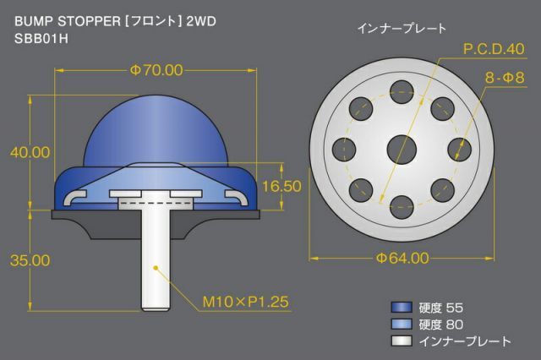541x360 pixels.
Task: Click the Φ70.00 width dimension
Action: coord(156,70)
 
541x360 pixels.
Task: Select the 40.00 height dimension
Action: coord(30,152)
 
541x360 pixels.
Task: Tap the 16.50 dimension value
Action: coord(281,186)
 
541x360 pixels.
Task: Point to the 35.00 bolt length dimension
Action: coord(30,260)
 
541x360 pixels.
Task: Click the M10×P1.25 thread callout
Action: coord(245,302)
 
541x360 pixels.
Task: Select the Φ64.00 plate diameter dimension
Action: coord(402,258)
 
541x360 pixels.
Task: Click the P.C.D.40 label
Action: coord(494,49)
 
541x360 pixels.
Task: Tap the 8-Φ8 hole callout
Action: coord(505,78)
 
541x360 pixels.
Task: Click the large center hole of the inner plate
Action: coord(402,150)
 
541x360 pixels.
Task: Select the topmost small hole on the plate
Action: coord(402,92)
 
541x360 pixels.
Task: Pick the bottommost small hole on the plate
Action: coord(402,207)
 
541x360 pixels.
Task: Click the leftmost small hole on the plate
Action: coord(344,150)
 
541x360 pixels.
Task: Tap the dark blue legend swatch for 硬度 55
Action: coord(402,308)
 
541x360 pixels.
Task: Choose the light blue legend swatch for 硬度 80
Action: coord(402,325)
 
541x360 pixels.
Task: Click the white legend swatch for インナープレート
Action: coord(402,341)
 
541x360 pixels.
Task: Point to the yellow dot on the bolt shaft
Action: coord(156,268)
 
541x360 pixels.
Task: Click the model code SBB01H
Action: coord(41,39)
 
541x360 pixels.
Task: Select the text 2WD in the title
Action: coord(201,21)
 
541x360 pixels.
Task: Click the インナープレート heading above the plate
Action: coord(402,28)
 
